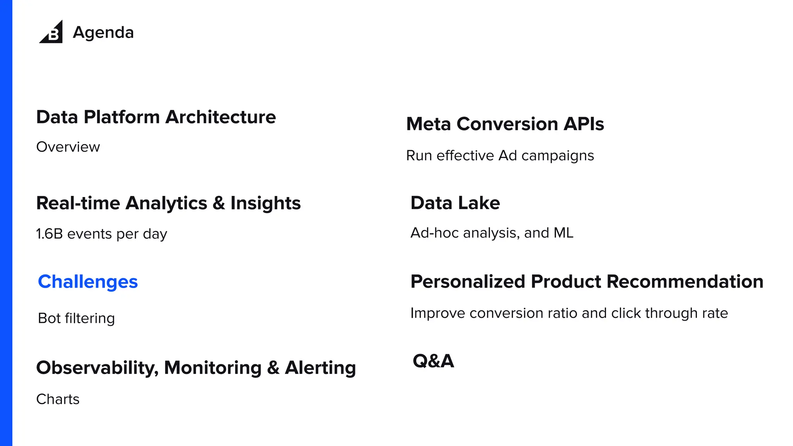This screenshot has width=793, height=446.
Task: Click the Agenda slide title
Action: pyautogui.click(x=103, y=33)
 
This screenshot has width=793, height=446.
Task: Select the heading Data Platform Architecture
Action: pyautogui.click(x=156, y=117)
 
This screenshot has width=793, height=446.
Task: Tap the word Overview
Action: pyautogui.click(x=68, y=147)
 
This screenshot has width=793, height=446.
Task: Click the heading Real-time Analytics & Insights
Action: pyautogui.click(x=168, y=203)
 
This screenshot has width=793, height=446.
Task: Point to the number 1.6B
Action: pyautogui.click(x=49, y=234)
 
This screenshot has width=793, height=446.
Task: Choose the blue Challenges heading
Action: pyautogui.click(x=88, y=282)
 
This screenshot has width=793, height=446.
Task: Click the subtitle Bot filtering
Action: pyautogui.click(x=76, y=318)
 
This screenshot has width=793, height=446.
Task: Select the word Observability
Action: pyautogui.click(x=97, y=368)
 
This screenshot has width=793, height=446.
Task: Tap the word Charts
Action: pyautogui.click(x=58, y=399)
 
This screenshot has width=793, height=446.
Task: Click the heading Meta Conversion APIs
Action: pyautogui.click(x=505, y=124)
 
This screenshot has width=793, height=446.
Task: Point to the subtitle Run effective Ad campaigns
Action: pyautogui.click(x=499, y=156)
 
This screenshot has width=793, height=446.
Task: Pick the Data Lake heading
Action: pyautogui.click(x=455, y=203)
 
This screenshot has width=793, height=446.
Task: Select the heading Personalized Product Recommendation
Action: pyautogui.click(x=587, y=281)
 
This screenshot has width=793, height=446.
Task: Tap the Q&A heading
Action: pyautogui.click(x=433, y=361)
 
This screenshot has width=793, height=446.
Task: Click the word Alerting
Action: pyautogui.click(x=320, y=368)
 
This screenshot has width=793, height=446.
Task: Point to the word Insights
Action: pyautogui.click(x=265, y=203)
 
